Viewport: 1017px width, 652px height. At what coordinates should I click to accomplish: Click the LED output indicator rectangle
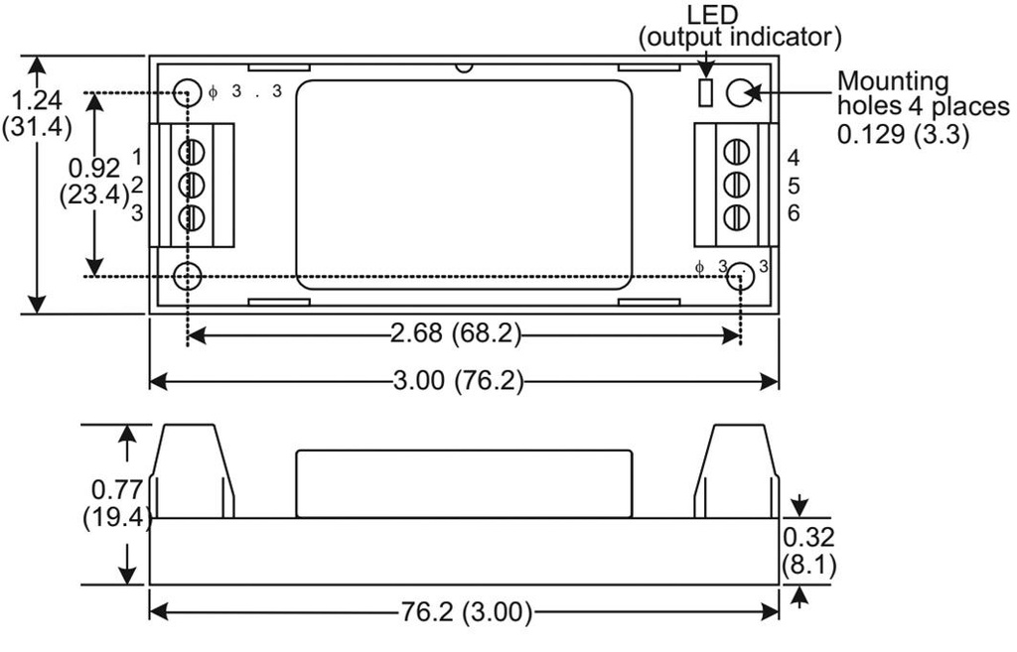706,92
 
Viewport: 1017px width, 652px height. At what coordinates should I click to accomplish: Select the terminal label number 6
794,212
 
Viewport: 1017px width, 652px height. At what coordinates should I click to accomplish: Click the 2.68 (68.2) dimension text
456,333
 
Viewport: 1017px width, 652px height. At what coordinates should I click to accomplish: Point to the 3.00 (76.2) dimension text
458,380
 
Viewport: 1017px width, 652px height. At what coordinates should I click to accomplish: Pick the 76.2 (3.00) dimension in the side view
466,611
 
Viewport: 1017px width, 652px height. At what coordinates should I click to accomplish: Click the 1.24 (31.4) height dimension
37,113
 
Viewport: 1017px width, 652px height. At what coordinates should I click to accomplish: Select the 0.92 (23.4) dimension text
94,181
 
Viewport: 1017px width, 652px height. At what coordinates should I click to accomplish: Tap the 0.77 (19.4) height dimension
117,504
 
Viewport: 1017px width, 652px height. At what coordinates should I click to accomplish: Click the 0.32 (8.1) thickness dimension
808,552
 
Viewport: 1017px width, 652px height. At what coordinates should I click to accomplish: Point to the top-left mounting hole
188,92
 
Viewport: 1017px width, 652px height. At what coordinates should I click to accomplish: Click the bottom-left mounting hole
188,277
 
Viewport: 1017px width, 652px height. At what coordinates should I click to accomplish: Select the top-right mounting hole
739,92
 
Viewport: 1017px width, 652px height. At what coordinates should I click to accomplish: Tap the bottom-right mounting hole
739,277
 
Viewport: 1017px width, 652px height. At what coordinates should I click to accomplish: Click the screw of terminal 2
192,185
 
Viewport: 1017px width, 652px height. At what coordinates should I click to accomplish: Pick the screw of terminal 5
736,185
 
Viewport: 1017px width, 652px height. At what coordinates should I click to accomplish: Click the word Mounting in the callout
893,82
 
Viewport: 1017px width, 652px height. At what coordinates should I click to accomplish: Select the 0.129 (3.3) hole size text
903,134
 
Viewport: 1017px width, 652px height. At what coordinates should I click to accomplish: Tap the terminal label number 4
794,158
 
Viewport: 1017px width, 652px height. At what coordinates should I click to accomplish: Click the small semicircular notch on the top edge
464,67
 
